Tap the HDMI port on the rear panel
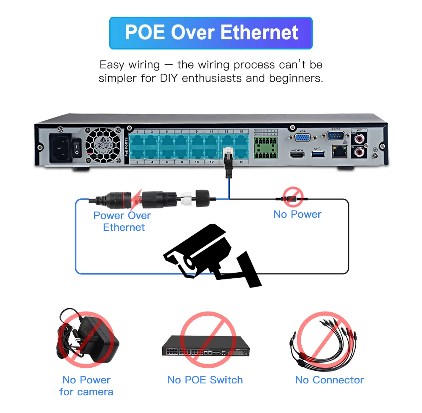tap(298, 155)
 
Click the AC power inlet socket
tap(61, 147)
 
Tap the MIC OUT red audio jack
tap(360, 138)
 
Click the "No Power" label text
tap(297, 214)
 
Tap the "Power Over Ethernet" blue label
tap(122, 221)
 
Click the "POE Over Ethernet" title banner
tap(211, 33)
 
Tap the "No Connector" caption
tap(329, 380)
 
